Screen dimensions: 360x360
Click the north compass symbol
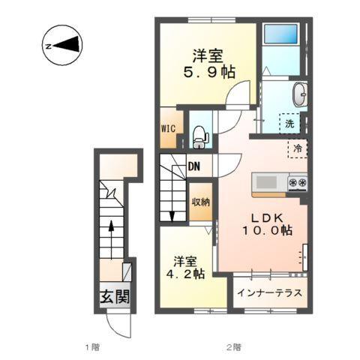click(61, 44)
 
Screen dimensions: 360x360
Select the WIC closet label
click(168, 127)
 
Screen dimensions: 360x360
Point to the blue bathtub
click(280, 34)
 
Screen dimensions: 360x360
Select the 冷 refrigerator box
click(296, 148)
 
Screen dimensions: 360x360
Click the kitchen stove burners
click(296, 182)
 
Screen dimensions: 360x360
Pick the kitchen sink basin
click(266, 181)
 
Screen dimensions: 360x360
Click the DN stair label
click(194, 166)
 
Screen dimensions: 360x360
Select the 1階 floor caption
click(91, 346)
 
